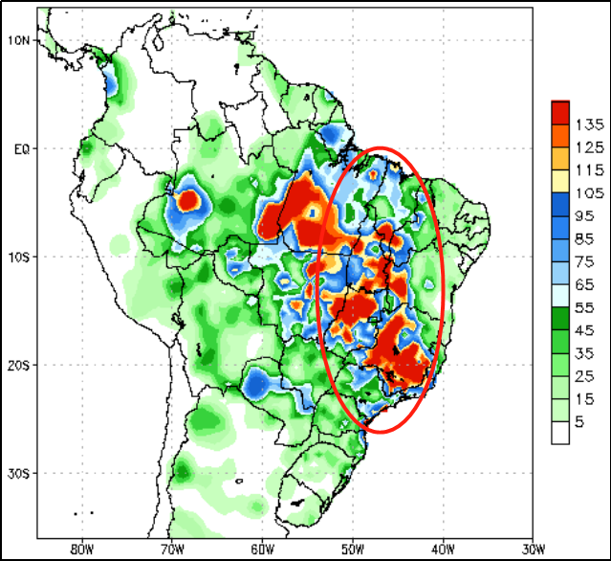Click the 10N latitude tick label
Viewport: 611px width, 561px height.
coord(19,40)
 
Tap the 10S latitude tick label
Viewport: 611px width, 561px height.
coord(19,257)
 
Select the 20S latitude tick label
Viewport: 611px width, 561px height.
coord(19,365)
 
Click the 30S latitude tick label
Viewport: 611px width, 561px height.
coord(19,473)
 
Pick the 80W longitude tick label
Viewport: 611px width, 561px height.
coord(81,549)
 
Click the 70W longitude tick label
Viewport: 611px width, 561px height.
coord(171,549)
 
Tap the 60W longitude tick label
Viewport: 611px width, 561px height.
coord(262,549)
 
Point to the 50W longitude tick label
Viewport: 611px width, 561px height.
coord(352,549)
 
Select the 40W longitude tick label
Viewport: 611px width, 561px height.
coord(442,549)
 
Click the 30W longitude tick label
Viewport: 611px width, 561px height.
coord(533,549)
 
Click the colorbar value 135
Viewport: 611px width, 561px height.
coord(588,125)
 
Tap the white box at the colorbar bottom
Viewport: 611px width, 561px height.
coord(561,434)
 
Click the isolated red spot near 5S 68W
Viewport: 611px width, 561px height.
coord(189,201)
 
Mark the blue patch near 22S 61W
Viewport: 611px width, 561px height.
coord(255,384)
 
